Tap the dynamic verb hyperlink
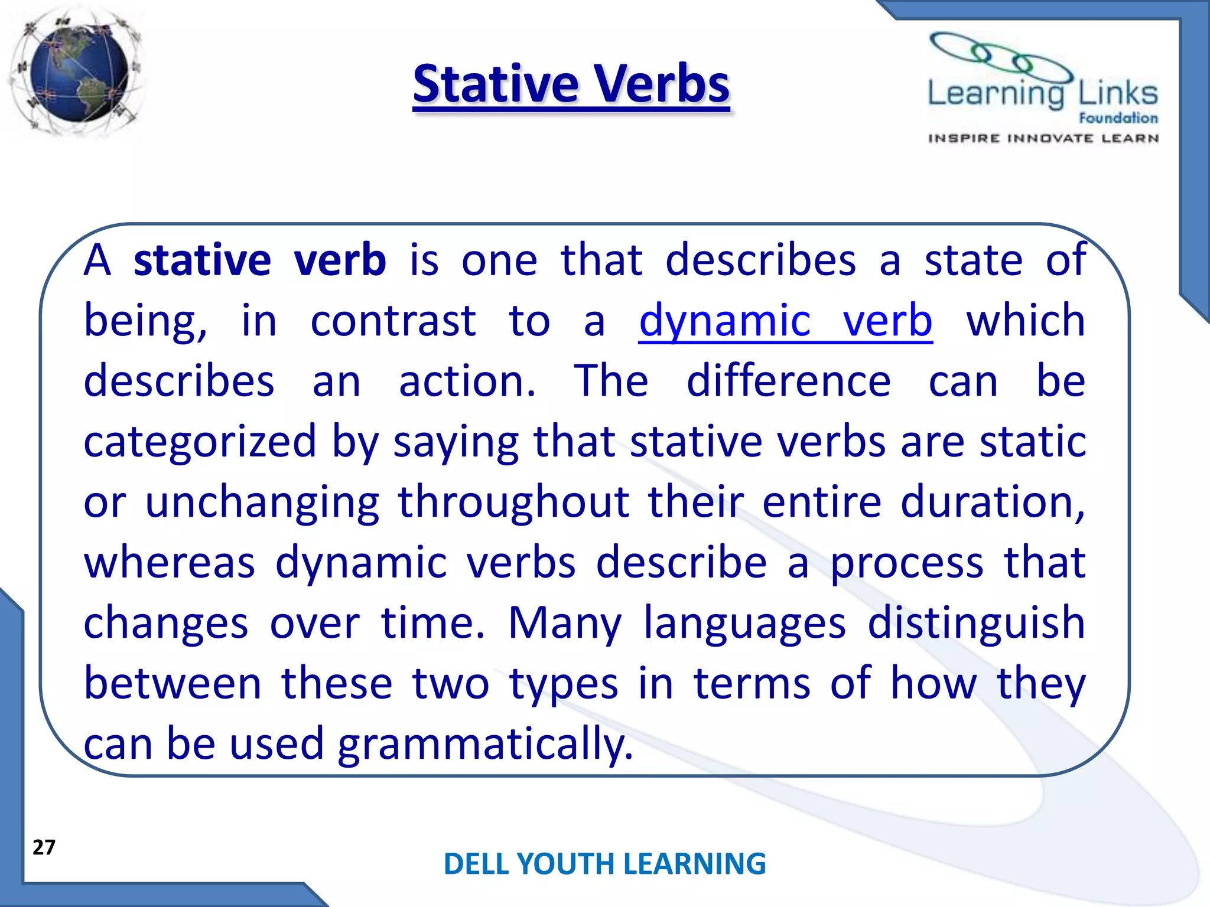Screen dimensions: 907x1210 point(785,321)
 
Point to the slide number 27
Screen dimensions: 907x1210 point(44,847)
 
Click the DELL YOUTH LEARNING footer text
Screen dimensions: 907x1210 point(604,863)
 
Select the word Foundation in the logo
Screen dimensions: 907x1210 point(1118,118)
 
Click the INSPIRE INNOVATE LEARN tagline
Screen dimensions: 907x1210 point(1043,139)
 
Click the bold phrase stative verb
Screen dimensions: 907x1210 point(260,260)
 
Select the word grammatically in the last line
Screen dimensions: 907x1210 point(484,744)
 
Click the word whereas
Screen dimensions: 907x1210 point(170,562)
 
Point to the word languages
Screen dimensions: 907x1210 point(744,624)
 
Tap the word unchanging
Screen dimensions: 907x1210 point(262,503)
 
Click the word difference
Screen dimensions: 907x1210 point(789,381)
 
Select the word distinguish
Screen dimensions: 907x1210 point(976,624)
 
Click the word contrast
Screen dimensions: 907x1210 point(393,321)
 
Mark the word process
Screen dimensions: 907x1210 point(907,563)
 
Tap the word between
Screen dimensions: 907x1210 point(173,683)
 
